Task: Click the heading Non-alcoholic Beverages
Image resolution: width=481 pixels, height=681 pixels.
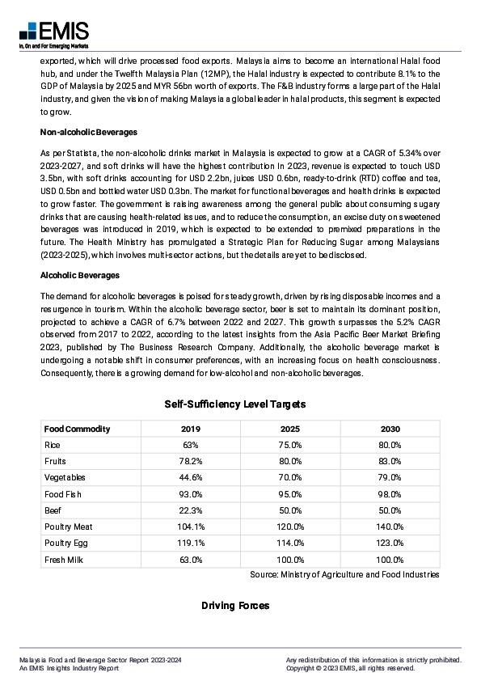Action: (89, 132)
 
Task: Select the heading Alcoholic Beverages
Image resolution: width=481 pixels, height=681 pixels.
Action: (79, 276)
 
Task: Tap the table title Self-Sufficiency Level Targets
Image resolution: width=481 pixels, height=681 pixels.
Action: (235, 404)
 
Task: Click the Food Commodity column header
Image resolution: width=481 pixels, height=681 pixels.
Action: (77, 429)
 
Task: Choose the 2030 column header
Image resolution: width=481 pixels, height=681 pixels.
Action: (390, 429)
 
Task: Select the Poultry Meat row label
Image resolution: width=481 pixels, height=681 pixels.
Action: (69, 527)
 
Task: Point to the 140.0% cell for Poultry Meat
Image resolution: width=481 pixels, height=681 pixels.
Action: (390, 527)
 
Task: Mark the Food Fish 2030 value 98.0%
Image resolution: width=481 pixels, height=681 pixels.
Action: (390, 494)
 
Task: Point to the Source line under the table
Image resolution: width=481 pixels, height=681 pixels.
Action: (344, 574)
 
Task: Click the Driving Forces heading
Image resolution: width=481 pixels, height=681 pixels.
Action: (235, 606)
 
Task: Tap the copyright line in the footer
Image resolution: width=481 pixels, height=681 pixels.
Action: (350, 669)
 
